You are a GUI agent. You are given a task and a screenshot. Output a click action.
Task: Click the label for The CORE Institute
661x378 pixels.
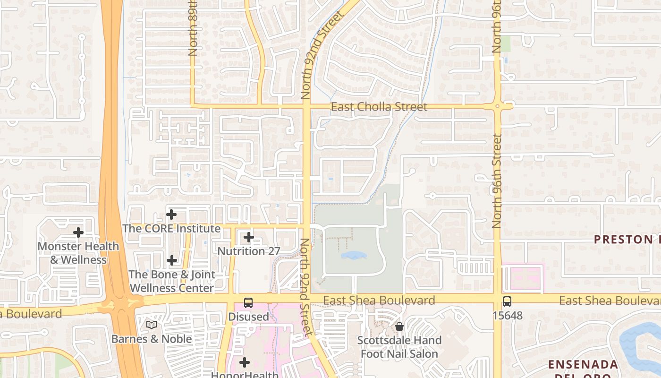point(171,229)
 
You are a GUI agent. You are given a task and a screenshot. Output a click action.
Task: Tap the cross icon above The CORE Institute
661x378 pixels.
point(171,215)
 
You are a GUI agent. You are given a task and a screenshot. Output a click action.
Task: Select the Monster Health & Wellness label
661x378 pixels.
point(78,253)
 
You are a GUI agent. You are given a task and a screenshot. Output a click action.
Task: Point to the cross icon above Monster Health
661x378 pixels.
point(78,232)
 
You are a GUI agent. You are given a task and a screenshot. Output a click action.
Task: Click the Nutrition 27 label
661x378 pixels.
point(249,251)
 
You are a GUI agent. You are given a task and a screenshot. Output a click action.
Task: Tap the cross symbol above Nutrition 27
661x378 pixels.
point(249,237)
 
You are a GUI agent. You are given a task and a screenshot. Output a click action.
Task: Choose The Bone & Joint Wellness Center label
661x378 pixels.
point(172,281)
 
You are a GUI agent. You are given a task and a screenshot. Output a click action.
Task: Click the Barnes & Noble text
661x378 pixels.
point(152,339)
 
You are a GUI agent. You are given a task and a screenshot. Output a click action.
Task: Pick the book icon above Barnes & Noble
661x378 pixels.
point(152,325)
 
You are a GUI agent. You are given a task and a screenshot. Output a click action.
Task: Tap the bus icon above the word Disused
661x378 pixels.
point(248,302)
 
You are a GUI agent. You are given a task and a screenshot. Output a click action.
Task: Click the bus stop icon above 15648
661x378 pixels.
point(507,301)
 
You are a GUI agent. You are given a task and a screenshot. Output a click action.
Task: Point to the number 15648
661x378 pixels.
point(507,315)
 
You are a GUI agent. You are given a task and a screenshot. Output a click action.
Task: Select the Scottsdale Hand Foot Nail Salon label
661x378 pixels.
point(399,347)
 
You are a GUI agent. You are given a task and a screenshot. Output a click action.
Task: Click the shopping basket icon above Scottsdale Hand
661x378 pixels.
point(399,326)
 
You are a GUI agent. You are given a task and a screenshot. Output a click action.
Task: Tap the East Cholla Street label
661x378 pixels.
point(379,107)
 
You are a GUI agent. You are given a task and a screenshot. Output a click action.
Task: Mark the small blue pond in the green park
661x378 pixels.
point(354,256)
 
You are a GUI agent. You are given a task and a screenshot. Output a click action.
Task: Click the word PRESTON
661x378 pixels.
point(623,240)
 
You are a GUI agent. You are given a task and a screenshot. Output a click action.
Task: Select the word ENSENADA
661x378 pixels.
point(583,365)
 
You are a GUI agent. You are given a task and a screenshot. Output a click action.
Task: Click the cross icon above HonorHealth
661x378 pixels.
point(245,363)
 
